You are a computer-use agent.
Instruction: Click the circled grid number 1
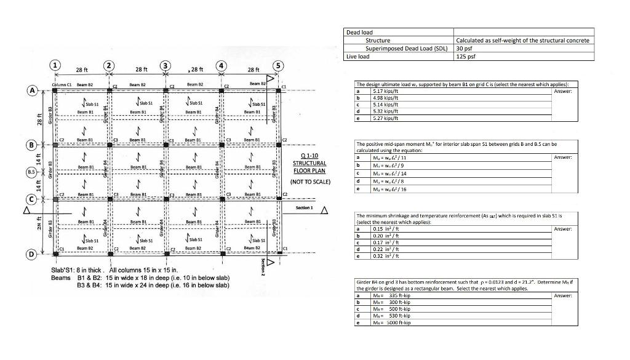[x=55, y=66]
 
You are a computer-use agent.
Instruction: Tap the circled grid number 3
[x=165, y=66]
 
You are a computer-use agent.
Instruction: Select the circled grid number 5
[x=279, y=66]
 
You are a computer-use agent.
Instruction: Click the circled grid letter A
[x=31, y=90]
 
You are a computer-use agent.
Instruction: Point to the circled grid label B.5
[x=30, y=172]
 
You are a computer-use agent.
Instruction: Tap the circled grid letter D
[x=30, y=253]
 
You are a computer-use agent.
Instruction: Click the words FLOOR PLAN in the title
[x=309, y=171]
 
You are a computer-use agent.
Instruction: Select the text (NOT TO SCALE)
[x=310, y=182]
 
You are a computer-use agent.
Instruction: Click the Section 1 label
[x=305, y=208]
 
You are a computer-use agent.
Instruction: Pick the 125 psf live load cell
[x=465, y=57]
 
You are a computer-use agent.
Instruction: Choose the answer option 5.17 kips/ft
[x=387, y=91]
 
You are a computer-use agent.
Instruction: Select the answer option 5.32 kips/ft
[x=387, y=111]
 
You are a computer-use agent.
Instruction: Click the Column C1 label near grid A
[x=62, y=84]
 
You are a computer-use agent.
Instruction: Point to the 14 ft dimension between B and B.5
[x=39, y=159]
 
